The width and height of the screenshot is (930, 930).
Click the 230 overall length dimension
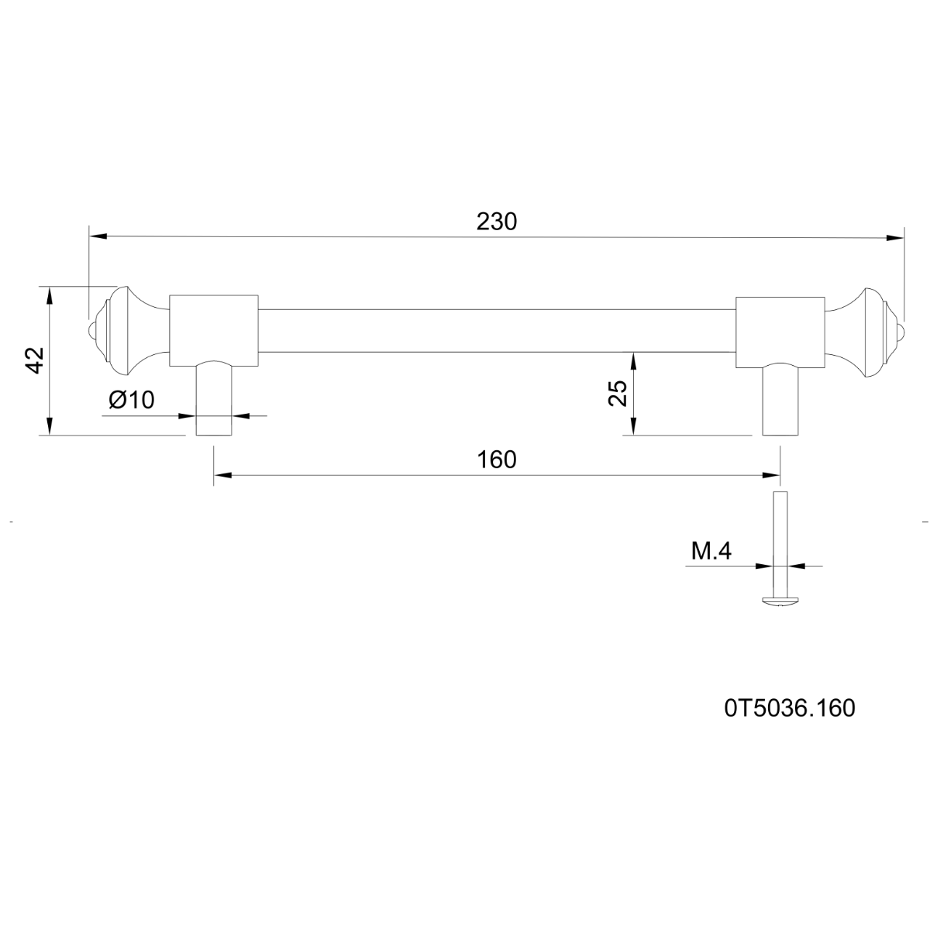click(x=496, y=222)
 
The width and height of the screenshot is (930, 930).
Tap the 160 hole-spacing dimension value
click(x=496, y=460)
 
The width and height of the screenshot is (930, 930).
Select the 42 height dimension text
click(x=35, y=360)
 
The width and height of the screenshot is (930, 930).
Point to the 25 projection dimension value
click(x=617, y=394)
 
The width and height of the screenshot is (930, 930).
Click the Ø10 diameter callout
click(x=131, y=400)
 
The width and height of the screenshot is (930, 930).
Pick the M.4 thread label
click(x=711, y=551)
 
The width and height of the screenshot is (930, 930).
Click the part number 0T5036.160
click(x=790, y=708)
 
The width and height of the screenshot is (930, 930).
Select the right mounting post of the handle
click(x=780, y=400)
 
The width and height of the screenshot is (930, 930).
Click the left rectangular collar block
click(x=214, y=331)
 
